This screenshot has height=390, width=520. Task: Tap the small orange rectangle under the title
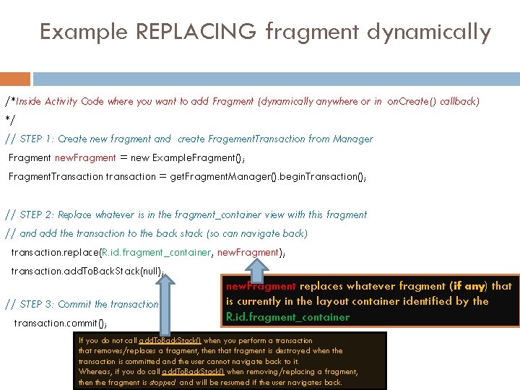15,78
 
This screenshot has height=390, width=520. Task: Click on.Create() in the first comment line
415,101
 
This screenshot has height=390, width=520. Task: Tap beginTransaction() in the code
318,176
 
